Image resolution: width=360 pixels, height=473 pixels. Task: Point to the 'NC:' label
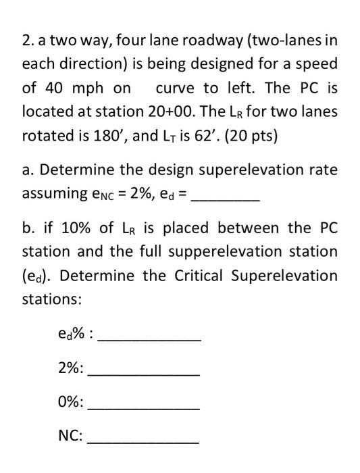coord(72,436)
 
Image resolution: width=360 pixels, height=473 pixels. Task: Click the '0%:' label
coord(72,402)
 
